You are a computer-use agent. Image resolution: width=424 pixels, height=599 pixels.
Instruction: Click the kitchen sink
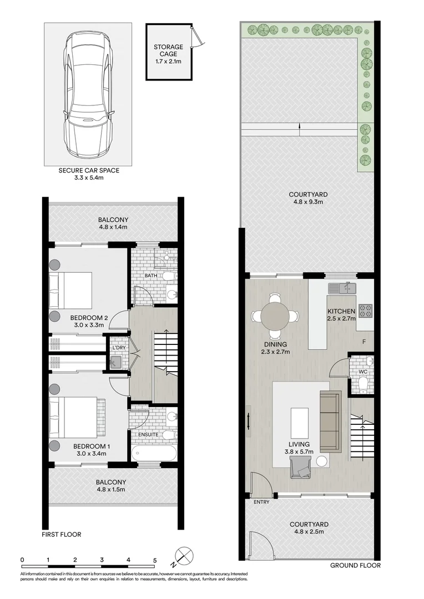click(x=342, y=288)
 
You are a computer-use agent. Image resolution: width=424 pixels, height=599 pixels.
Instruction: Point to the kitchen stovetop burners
click(x=366, y=311)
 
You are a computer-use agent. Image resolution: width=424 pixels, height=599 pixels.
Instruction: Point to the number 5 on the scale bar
click(x=155, y=560)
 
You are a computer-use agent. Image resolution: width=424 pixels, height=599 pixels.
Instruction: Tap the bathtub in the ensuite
click(x=153, y=452)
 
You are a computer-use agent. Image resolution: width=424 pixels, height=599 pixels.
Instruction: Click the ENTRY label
click(x=261, y=502)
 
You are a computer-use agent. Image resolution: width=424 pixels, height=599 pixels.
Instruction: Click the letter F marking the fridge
click(x=364, y=341)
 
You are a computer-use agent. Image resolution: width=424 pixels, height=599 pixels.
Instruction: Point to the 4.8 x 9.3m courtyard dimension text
click(x=308, y=202)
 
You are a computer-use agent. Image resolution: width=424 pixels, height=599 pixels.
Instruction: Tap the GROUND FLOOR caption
click(x=355, y=565)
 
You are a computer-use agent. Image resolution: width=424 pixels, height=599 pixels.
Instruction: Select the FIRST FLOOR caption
click(x=62, y=535)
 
